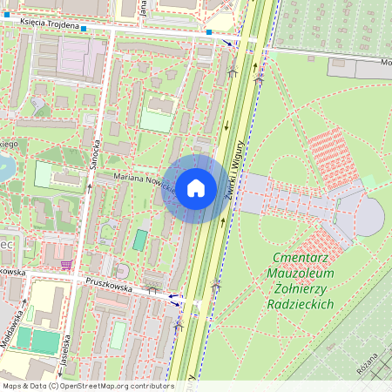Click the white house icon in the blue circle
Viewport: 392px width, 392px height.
click(x=195, y=188)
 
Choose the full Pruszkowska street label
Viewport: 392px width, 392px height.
click(x=109, y=283)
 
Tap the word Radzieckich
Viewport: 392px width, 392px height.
click(x=303, y=304)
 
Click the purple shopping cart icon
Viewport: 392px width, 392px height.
click(x=66, y=264)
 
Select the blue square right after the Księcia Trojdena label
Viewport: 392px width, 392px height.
click(x=87, y=28)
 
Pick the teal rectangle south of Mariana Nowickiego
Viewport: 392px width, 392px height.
click(x=140, y=240)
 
